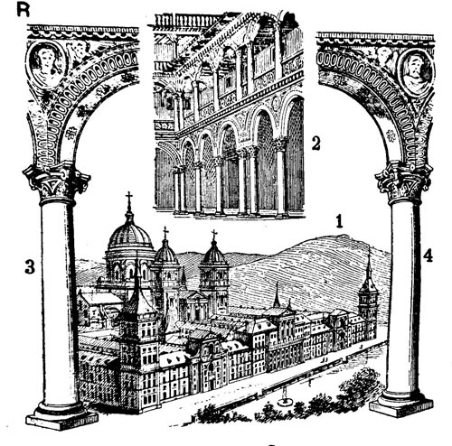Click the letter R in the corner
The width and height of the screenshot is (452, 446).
pyautogui.click(x=24, y=10)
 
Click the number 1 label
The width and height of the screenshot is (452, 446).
pyautogui.click(x=340, y=221)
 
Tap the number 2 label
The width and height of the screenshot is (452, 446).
pyautogui.click(x=315, y=144)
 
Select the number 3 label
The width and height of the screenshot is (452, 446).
pyautogui.click(x=30, y=267)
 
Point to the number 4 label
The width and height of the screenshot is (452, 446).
pyautogui.click(x=428, y=256)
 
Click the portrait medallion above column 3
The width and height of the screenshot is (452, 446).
pyautogui.click(x=46, y=64)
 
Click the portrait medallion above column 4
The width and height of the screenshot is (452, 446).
pyautogui.click(x=417, y=72)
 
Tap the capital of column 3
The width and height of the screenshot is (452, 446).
pyautogui.click(x=57, y=181)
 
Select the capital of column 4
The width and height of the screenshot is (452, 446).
pyautogui.click(x=404, y=182)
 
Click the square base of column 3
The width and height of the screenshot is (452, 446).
pyautogui.click(x=61, y=420)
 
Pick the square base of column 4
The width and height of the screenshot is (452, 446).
pyautogui.click(x=401, y=408)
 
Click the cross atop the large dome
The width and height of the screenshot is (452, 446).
pyautogui.click(x=129, y=199)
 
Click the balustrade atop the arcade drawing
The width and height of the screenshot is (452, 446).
pyautogui.click(x=188, y=22)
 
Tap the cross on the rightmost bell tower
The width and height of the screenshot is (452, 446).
pyautogui.click(x=214, y=235)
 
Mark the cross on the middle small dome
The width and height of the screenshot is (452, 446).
pyautogui.click(x=165, y=232)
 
